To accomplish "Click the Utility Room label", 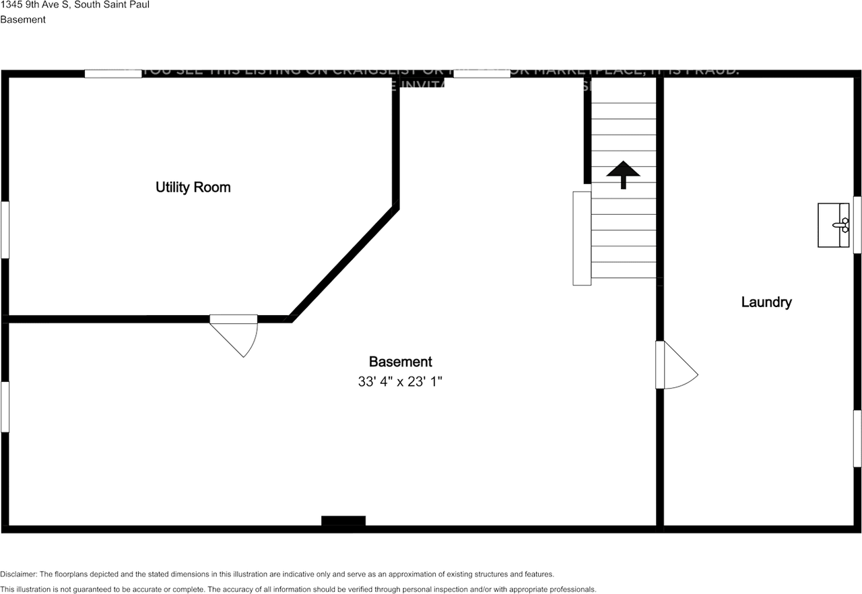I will pos(193,187).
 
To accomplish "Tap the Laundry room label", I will pos(766,302).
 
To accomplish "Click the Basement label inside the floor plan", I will pos(400,362).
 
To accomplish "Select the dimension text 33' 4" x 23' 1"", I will pos(400,381).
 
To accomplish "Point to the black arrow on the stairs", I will pos(622,174).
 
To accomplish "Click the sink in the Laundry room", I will pos(833,225).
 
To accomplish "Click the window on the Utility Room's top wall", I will pos(113,73).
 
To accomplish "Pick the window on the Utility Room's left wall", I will pos(5,230).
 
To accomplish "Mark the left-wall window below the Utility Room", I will pos(5,407).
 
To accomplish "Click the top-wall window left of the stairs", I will pos(482,73).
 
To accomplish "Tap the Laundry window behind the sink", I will pos(857,225).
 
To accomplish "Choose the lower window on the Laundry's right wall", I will pos(857,438).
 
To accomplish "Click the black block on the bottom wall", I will pos(343,521).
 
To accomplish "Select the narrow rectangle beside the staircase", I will pos(581,238).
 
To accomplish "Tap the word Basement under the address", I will pos(23,20).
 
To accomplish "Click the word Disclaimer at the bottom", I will pos(18,574).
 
